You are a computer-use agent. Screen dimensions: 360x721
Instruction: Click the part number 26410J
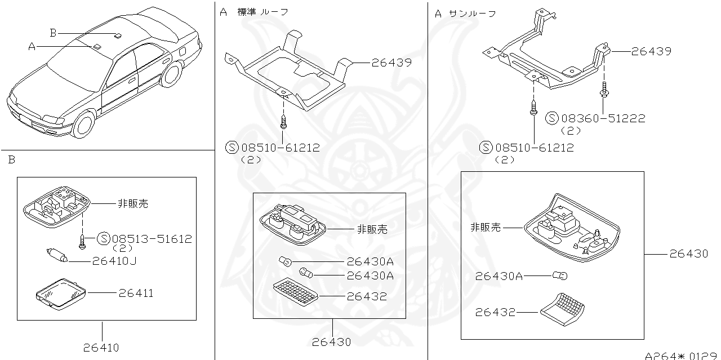tap(115, 261)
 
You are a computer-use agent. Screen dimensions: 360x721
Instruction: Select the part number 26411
tap(136, 293)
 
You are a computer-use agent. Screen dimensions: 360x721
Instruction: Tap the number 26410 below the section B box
tap(101, 348)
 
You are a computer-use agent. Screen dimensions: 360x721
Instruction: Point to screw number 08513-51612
tap(152, 239)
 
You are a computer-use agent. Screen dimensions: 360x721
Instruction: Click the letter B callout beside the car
tap(53, 33)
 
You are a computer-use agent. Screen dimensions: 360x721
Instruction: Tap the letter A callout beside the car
tap(32, 47)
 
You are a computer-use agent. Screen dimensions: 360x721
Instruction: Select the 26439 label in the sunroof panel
tap(651, 51)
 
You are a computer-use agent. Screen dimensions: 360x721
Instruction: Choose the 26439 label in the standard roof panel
tap(391, 63)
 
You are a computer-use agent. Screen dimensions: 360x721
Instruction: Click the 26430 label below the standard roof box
tap(332, 342)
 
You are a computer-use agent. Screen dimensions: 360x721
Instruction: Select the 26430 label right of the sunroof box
tap(689, 254)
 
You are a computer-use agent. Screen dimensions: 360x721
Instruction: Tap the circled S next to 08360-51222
tap(552, 118)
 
